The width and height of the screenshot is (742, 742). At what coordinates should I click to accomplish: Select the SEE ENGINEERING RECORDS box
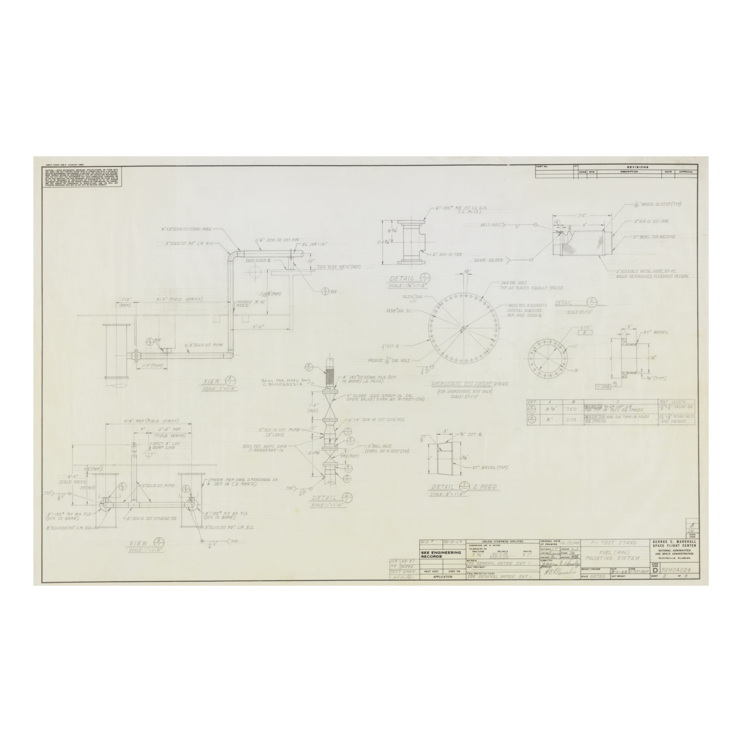pos(441,554)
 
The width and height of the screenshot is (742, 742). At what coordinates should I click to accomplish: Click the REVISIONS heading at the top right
pos(637,167)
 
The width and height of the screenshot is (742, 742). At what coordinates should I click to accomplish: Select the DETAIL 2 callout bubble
pos(347,498)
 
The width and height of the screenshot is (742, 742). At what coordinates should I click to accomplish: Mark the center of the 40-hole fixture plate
pos(463,327)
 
